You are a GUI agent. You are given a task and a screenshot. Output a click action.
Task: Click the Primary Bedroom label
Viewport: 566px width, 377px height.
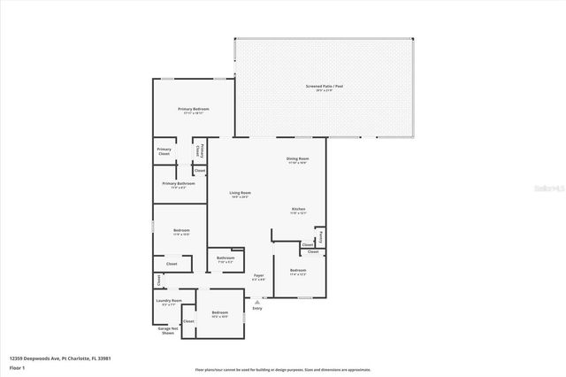pyautogui.click(x=193, y=109)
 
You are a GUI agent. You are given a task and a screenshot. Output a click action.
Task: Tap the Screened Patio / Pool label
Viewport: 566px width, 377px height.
pyautogui.click(x=324, y=87)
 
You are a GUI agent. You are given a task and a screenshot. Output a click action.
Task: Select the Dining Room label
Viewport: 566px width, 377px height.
pyautogui.click(x=296, y=159)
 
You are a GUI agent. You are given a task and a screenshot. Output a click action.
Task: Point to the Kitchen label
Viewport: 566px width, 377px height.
pyautogui.click(x=299, y=210)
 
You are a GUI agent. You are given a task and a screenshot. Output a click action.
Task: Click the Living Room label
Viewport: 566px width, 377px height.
pyautogui.click(x=240, y=193)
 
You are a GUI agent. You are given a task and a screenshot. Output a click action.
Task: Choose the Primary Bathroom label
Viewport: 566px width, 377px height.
pyautogui.click(x=172, y=184)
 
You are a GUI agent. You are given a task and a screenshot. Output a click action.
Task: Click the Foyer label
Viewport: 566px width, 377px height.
pyautogui.click(x=259, y=275)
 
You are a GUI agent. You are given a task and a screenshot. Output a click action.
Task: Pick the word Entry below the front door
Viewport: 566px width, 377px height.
pyautogui.click(x=257, y=308)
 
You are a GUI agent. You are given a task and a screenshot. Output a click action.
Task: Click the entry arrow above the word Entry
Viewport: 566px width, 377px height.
pyautogui.click(x=257, y=300)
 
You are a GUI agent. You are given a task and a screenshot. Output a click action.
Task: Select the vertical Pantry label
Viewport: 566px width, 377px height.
pyautogui.click(x=320, y=235)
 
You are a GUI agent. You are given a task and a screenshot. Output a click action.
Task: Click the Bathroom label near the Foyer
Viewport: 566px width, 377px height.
pyautogui.click(x=226, y=258)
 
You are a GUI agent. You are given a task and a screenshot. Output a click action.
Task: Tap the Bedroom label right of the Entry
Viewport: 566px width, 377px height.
pyautogui.click(x=298, y=271)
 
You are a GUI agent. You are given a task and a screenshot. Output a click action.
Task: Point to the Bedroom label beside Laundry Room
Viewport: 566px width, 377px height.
pyautogui.click(x=219, y=312)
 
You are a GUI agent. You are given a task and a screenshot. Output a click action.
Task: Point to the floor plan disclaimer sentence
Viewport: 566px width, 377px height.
pyautogui.click(x=283, y=369)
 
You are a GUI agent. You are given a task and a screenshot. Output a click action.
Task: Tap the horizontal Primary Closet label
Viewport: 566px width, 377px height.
pyautogui.click(x=164, y=151)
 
